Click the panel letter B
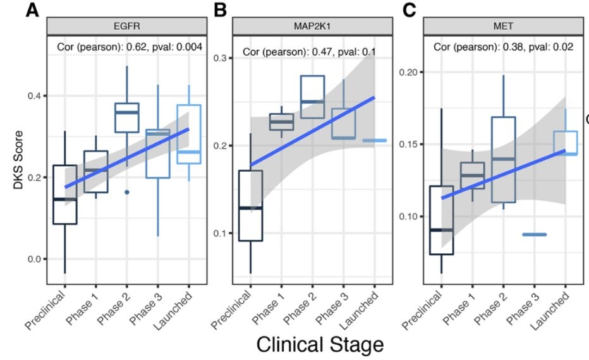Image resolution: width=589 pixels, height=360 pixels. (x=220, y=11)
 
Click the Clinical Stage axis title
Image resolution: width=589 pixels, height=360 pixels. (x=319, y=344)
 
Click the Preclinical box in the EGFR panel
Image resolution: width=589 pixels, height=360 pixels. (x=65, y=195)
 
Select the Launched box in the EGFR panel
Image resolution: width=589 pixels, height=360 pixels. (x=188, y=135)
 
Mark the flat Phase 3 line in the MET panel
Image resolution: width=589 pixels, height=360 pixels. (x=535, y=234)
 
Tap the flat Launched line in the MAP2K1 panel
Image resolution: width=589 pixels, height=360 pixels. (x=373, y=140)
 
